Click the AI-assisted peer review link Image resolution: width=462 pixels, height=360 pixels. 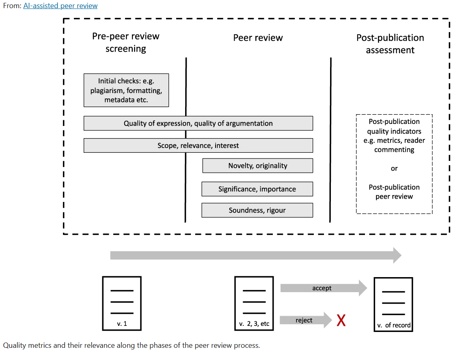60,6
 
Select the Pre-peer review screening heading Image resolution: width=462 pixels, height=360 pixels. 126,42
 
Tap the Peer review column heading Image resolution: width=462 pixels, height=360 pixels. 258,38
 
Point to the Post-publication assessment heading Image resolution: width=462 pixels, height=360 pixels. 390,43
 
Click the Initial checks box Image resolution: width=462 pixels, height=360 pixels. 126,90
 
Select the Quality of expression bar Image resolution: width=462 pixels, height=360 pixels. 198,123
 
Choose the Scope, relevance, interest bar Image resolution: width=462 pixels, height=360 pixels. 198,145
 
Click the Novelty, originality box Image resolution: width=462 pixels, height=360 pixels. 257,166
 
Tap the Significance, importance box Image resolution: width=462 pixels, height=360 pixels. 257,189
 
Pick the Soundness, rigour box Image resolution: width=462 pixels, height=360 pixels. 257,210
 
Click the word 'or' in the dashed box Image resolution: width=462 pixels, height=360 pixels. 394,169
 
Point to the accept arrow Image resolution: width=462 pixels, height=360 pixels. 324,288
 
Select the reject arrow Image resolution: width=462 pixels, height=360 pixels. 306,320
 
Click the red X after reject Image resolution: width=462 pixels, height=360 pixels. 341,320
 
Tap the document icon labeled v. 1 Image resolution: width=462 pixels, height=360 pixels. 122,304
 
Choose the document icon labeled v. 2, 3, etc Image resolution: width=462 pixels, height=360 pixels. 254,304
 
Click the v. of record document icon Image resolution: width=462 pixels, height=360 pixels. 393,305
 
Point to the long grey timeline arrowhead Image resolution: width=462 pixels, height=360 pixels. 397,255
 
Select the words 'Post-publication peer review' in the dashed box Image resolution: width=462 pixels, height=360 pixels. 394,192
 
